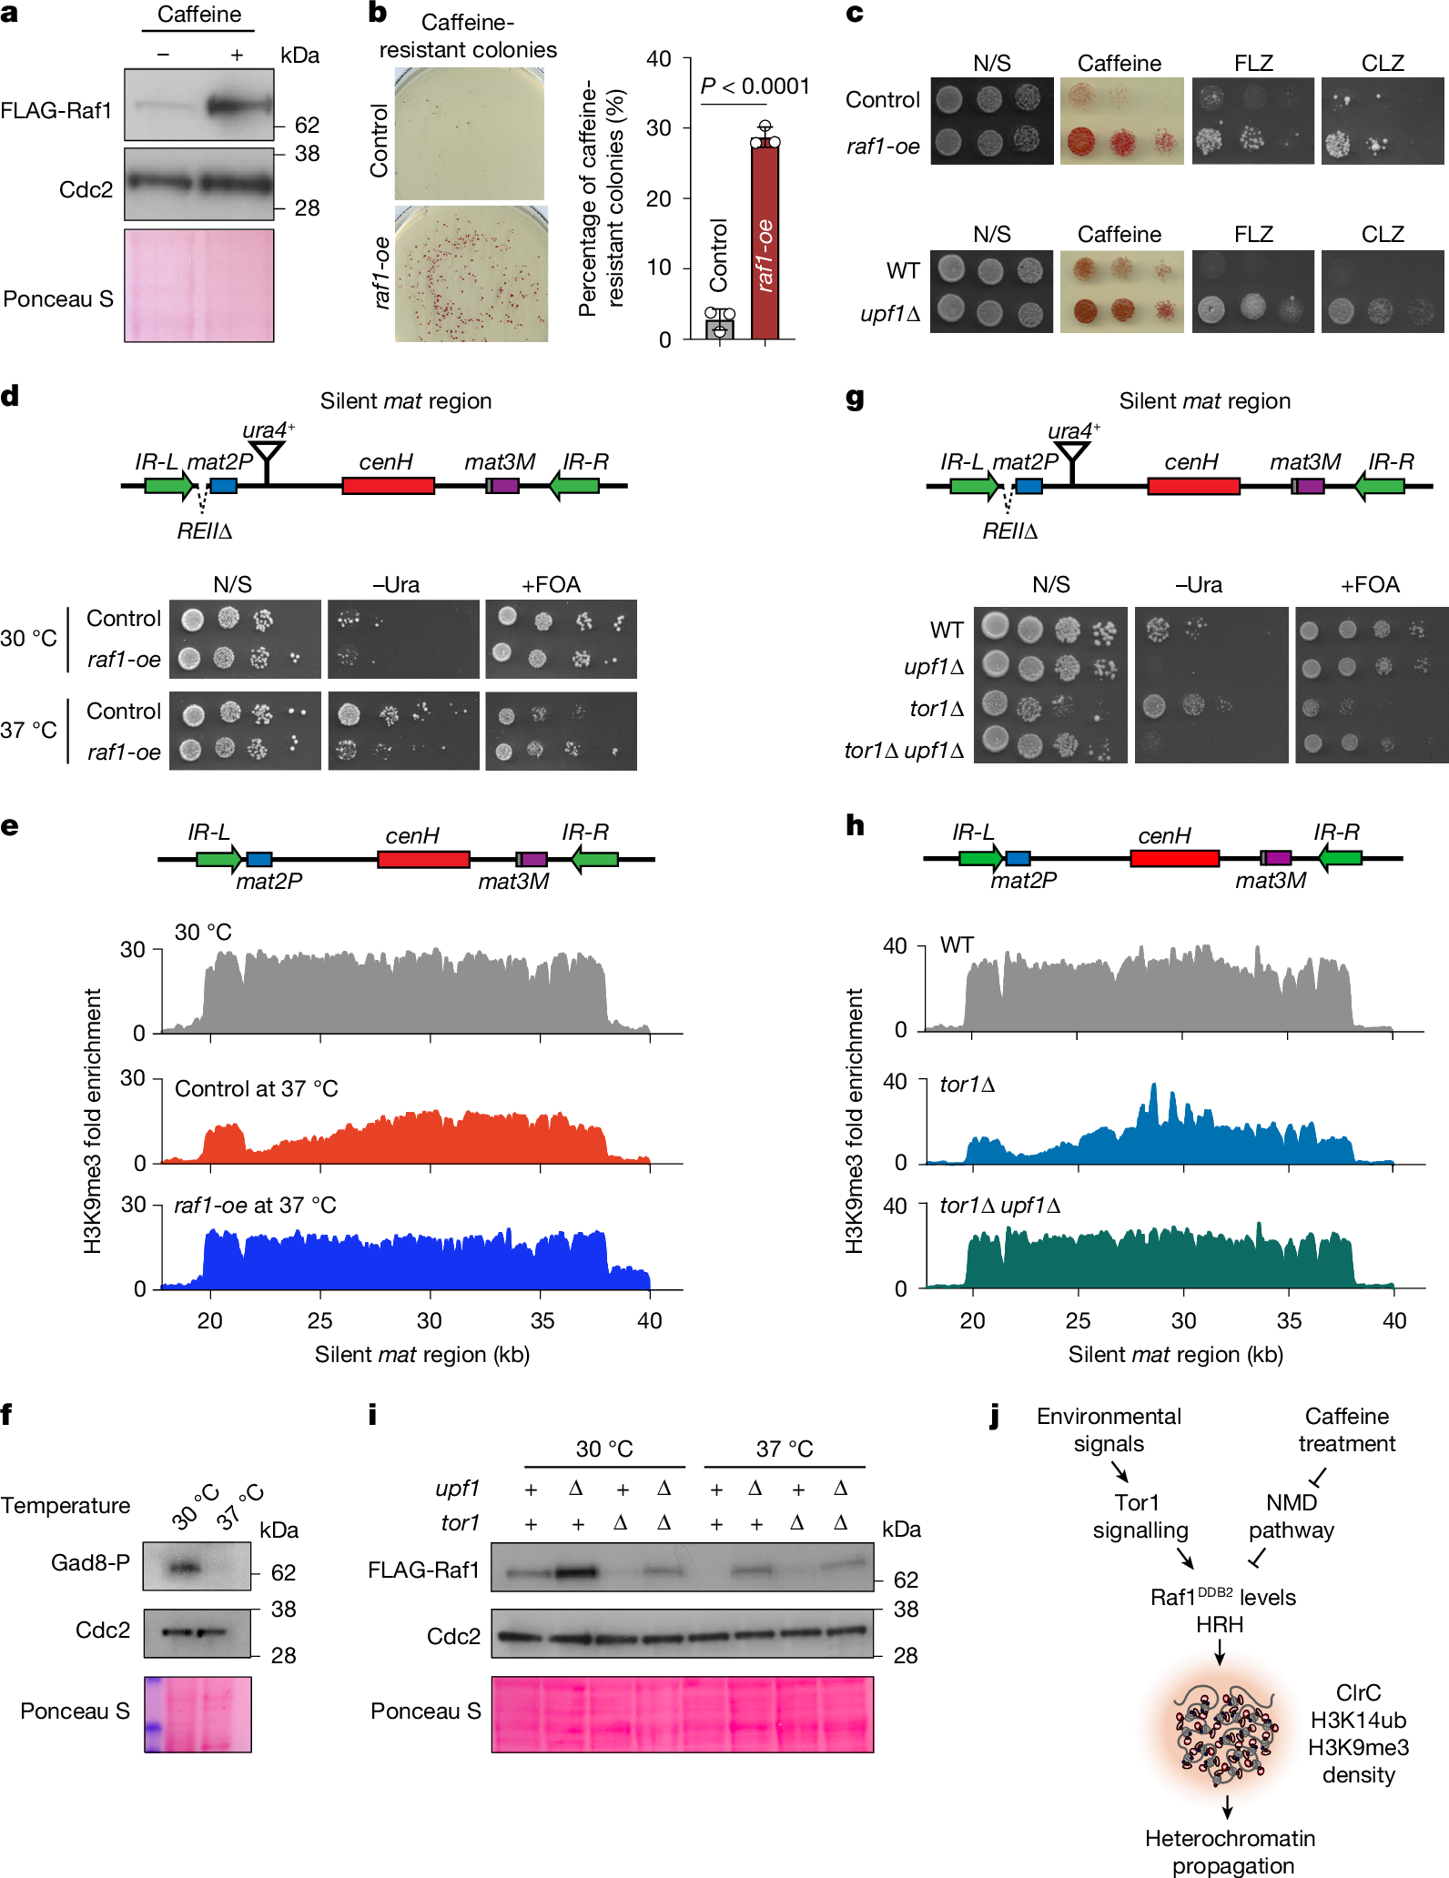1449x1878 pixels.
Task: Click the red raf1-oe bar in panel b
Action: coord(765,241)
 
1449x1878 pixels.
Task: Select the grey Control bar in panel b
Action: coord(720,328)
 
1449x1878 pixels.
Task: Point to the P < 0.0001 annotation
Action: coord(755,86)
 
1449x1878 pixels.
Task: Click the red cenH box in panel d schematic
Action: coord(388,485)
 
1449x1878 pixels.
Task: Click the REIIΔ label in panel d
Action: coord(204,531)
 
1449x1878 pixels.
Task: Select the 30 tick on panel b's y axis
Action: coord(658,128)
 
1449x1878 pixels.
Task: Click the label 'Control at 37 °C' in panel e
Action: coord(256,1089)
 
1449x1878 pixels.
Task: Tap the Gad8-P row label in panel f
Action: coord(90,1562)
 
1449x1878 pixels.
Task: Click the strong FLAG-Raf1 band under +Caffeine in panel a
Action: coord(238,106)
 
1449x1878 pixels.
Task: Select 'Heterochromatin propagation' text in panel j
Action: coord(1230,1852)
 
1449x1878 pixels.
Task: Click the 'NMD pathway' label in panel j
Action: coord(1291,1516)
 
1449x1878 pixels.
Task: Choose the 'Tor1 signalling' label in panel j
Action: coord(1140,1516)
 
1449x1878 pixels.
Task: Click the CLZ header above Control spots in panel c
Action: coord(1382,63)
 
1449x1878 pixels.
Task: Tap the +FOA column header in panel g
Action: coord(1369,585)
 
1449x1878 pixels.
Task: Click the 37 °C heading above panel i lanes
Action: coord(784,1449)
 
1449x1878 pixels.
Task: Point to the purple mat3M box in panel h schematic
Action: coord(1278,857)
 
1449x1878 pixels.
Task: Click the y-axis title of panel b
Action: coord(602,198)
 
